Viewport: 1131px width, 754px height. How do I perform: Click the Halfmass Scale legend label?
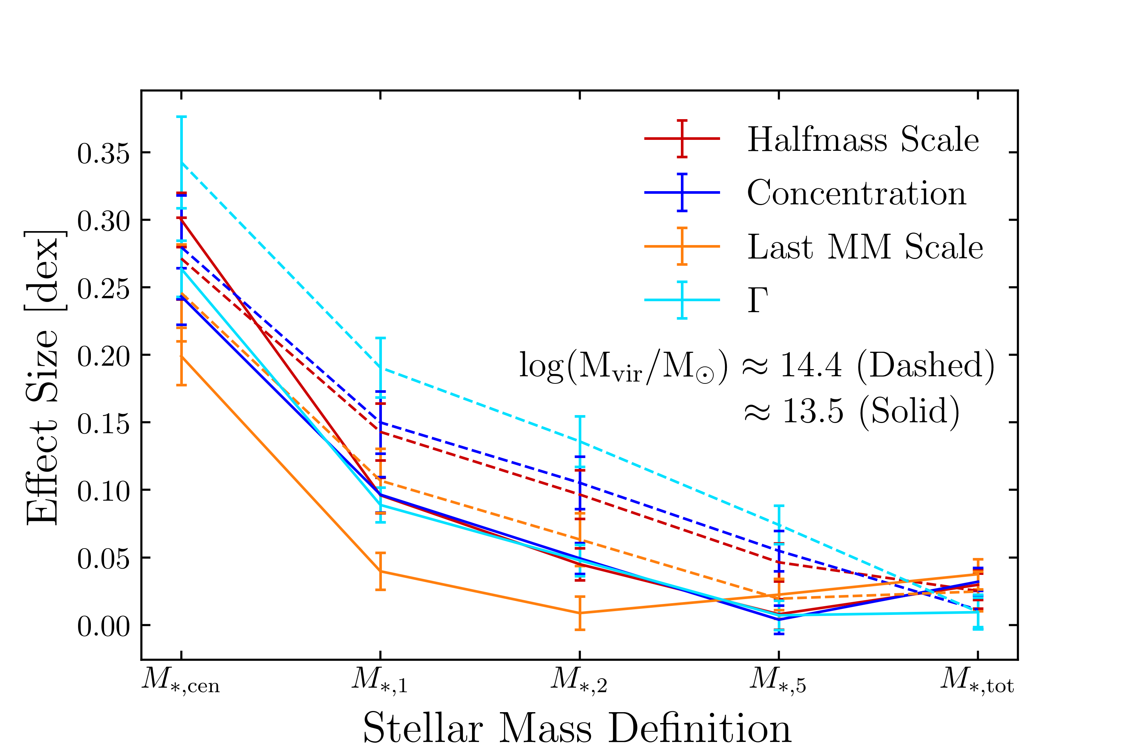[x=863, y=140]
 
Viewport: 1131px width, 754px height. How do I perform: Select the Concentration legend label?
[x=857, y=193]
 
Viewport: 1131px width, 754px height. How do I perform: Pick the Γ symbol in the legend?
[x=757, y=300]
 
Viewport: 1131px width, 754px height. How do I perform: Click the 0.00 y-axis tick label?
[x=103, y=627]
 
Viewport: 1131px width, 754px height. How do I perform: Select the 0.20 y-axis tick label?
[x=103, y=356]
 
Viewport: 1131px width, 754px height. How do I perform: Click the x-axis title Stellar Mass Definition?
[x=577, y=728]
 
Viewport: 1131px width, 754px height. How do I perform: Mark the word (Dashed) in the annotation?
[x=926, y=365]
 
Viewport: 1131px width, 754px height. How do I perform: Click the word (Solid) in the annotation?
[x=909, y=411]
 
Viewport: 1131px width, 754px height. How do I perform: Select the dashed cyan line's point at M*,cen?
[x=181, y=163]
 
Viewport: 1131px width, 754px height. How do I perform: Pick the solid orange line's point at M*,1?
[x=380, y=571]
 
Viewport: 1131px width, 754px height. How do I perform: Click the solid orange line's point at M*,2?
[x=580, y=613]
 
